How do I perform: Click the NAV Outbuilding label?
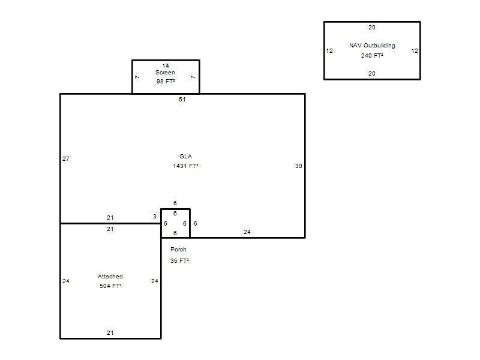tap(372, 46)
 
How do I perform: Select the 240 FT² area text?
tap(372, 55)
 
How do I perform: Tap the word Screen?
tap(165, 73)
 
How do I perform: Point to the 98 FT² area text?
tap(166, 82)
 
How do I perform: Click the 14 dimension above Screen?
tap(166, 66)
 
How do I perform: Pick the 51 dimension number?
tap(182, 100)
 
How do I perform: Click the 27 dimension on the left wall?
tap(66, 158)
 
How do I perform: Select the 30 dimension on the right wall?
tap(298, 166)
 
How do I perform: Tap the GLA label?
tap(185, 157)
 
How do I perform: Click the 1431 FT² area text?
tap(185, 166)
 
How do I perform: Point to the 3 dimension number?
tap(155, 217)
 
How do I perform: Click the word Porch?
tap(178, 250)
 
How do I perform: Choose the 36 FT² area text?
tap(179, 261)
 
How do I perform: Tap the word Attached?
tap(110, 277)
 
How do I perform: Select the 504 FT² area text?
tap(110, 286)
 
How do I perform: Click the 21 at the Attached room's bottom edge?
tap(110, 333)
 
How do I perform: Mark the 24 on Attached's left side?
tap(66, 281)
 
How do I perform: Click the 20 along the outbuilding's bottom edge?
tap(371, 73)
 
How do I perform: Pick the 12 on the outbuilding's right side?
tap(415, 51)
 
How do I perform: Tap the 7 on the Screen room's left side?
tap(137, 77)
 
